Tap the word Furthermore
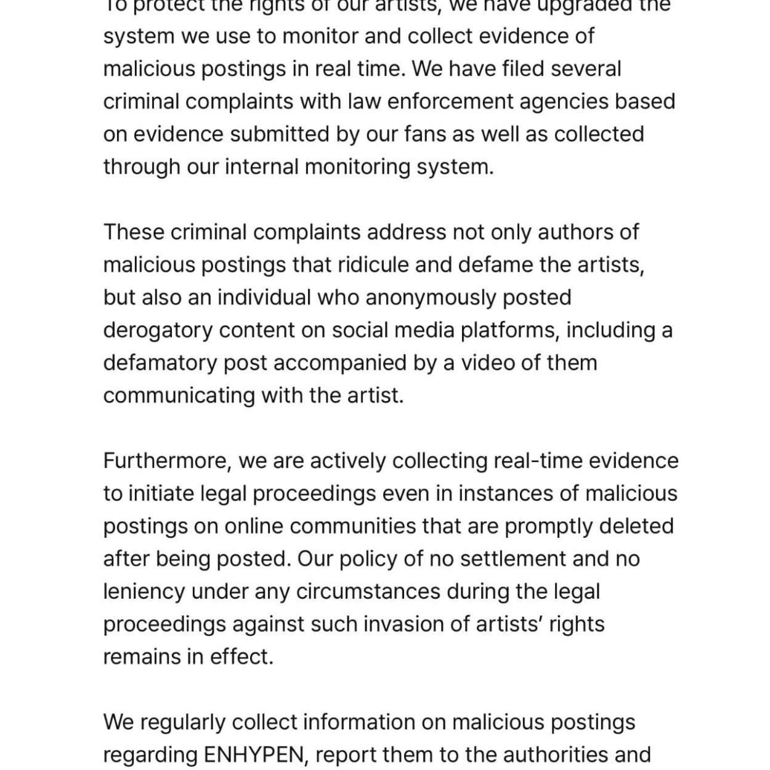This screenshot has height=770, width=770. pyautogui.click(x=167, y=461)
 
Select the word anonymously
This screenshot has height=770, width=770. pyautogui.click(x=431, y=298)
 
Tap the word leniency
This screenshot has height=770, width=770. pyautogui.click(x=144, y=591)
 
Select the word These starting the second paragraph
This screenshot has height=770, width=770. pyautogui.click(x=133, y=232)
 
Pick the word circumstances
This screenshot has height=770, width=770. pyautogui.click(x=368, y=591)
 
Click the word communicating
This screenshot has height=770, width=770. pyautogui.click(x=179, y=395)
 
